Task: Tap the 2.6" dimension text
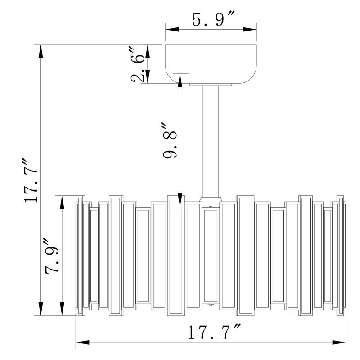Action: [138, 65]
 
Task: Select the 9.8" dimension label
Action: [170, 141]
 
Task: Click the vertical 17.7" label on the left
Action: [30, 180]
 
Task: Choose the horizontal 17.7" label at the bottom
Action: [214, 332]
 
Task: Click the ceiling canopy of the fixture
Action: [211, 64]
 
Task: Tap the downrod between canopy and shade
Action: [211, 141]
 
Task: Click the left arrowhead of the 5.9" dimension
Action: [172, 29]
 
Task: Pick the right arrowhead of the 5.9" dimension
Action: [250, 29]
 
